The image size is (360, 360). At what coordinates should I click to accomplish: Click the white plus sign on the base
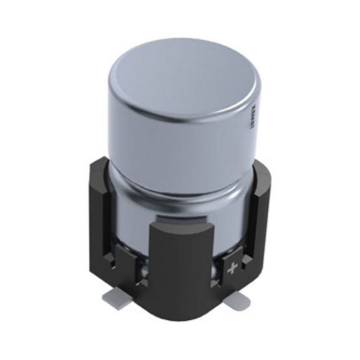pos(231,269)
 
